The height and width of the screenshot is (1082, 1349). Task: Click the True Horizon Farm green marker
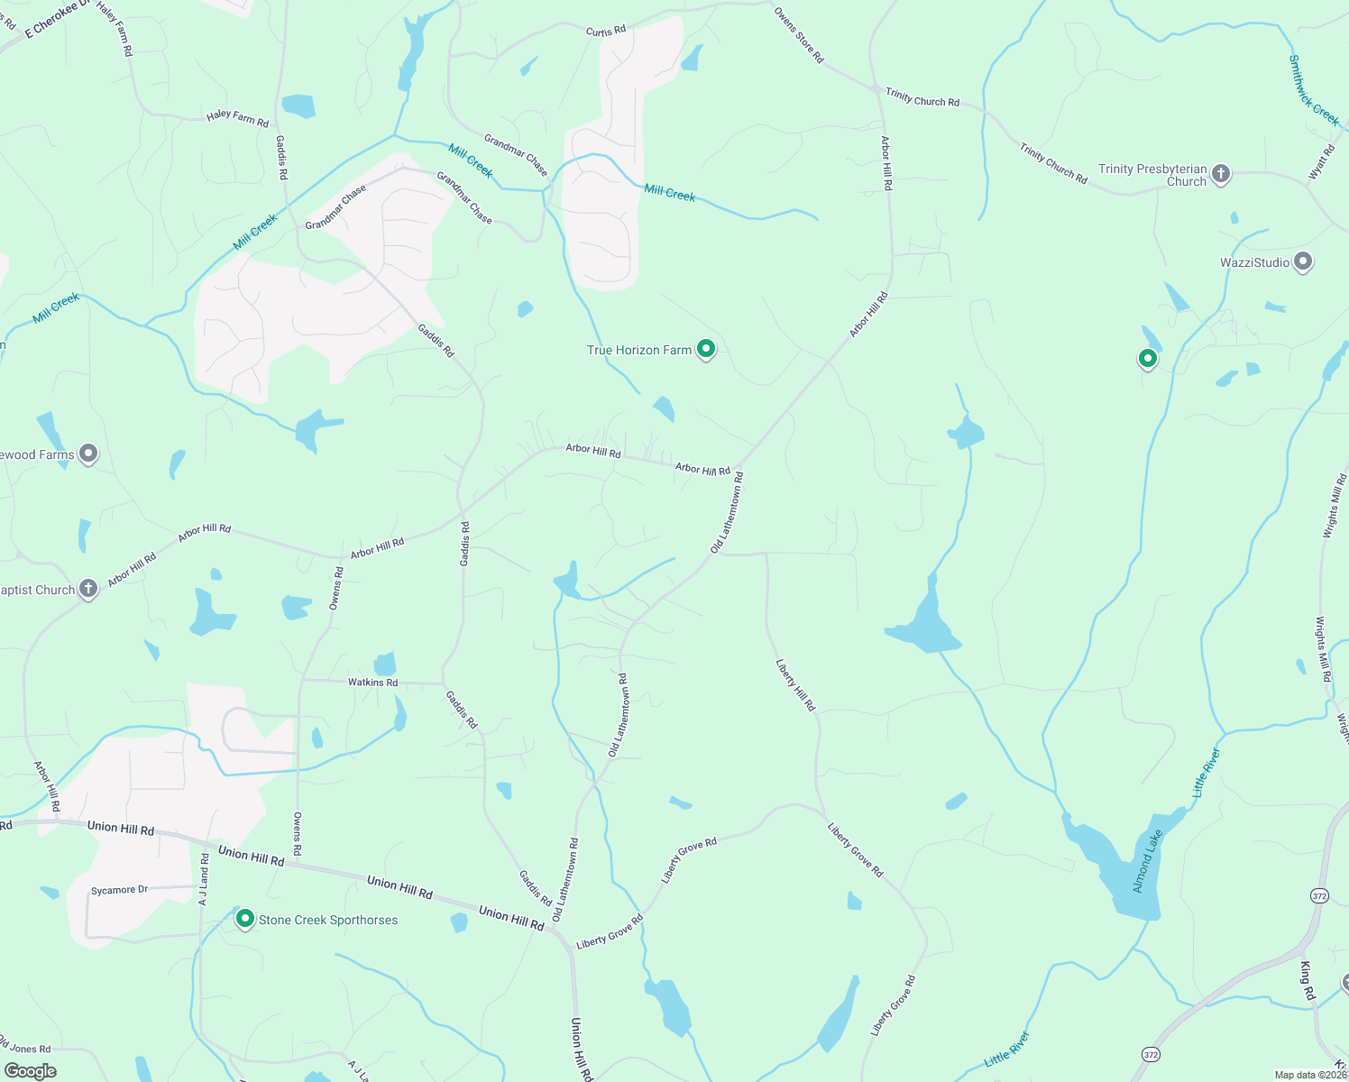[706, 349]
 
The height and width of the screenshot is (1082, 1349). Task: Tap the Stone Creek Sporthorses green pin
[244, 919]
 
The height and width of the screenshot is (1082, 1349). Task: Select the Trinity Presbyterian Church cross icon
[1221, 174]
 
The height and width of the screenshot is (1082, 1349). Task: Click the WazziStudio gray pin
[1302, 262]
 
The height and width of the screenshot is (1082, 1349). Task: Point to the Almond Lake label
[1148, 862]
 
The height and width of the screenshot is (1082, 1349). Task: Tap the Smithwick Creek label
[1313, 91]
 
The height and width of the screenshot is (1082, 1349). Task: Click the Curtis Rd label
[606, 32]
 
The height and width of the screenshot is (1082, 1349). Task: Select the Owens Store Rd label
[799, 36]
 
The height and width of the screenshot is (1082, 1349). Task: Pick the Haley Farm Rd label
[237, 117]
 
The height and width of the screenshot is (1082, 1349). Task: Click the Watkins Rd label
[372, 683]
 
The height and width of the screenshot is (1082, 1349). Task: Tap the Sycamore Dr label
[119, 890]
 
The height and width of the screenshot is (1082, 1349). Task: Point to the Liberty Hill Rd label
[795, 685]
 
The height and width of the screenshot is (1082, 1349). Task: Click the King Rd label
[1308, 980]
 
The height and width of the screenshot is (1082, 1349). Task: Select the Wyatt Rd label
[1322, 162]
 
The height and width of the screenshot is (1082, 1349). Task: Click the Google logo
[30, 1071]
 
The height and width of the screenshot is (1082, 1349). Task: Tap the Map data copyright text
[1310, 1075]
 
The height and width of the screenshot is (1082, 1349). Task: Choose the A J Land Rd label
[204, 879]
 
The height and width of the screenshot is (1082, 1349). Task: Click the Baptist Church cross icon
[87, 590]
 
